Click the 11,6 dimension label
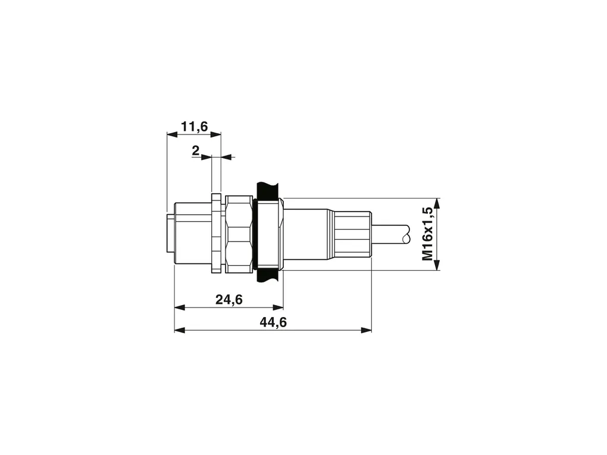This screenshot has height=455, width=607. (x=195, y=127)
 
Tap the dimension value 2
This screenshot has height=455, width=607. (x=196, y=150)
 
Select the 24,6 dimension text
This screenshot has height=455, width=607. (x=229, y=299)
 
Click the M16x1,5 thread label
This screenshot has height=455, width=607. (x=427, y=234)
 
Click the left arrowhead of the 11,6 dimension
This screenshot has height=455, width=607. (x=172, y=134)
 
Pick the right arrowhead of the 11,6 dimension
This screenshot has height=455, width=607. (x=215, y=134)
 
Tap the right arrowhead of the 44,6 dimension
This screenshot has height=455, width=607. (x=366, y=330)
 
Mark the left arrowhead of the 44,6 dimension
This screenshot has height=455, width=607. (x=180, y=330)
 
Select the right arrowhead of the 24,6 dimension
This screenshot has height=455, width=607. (x=278, y=307)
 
